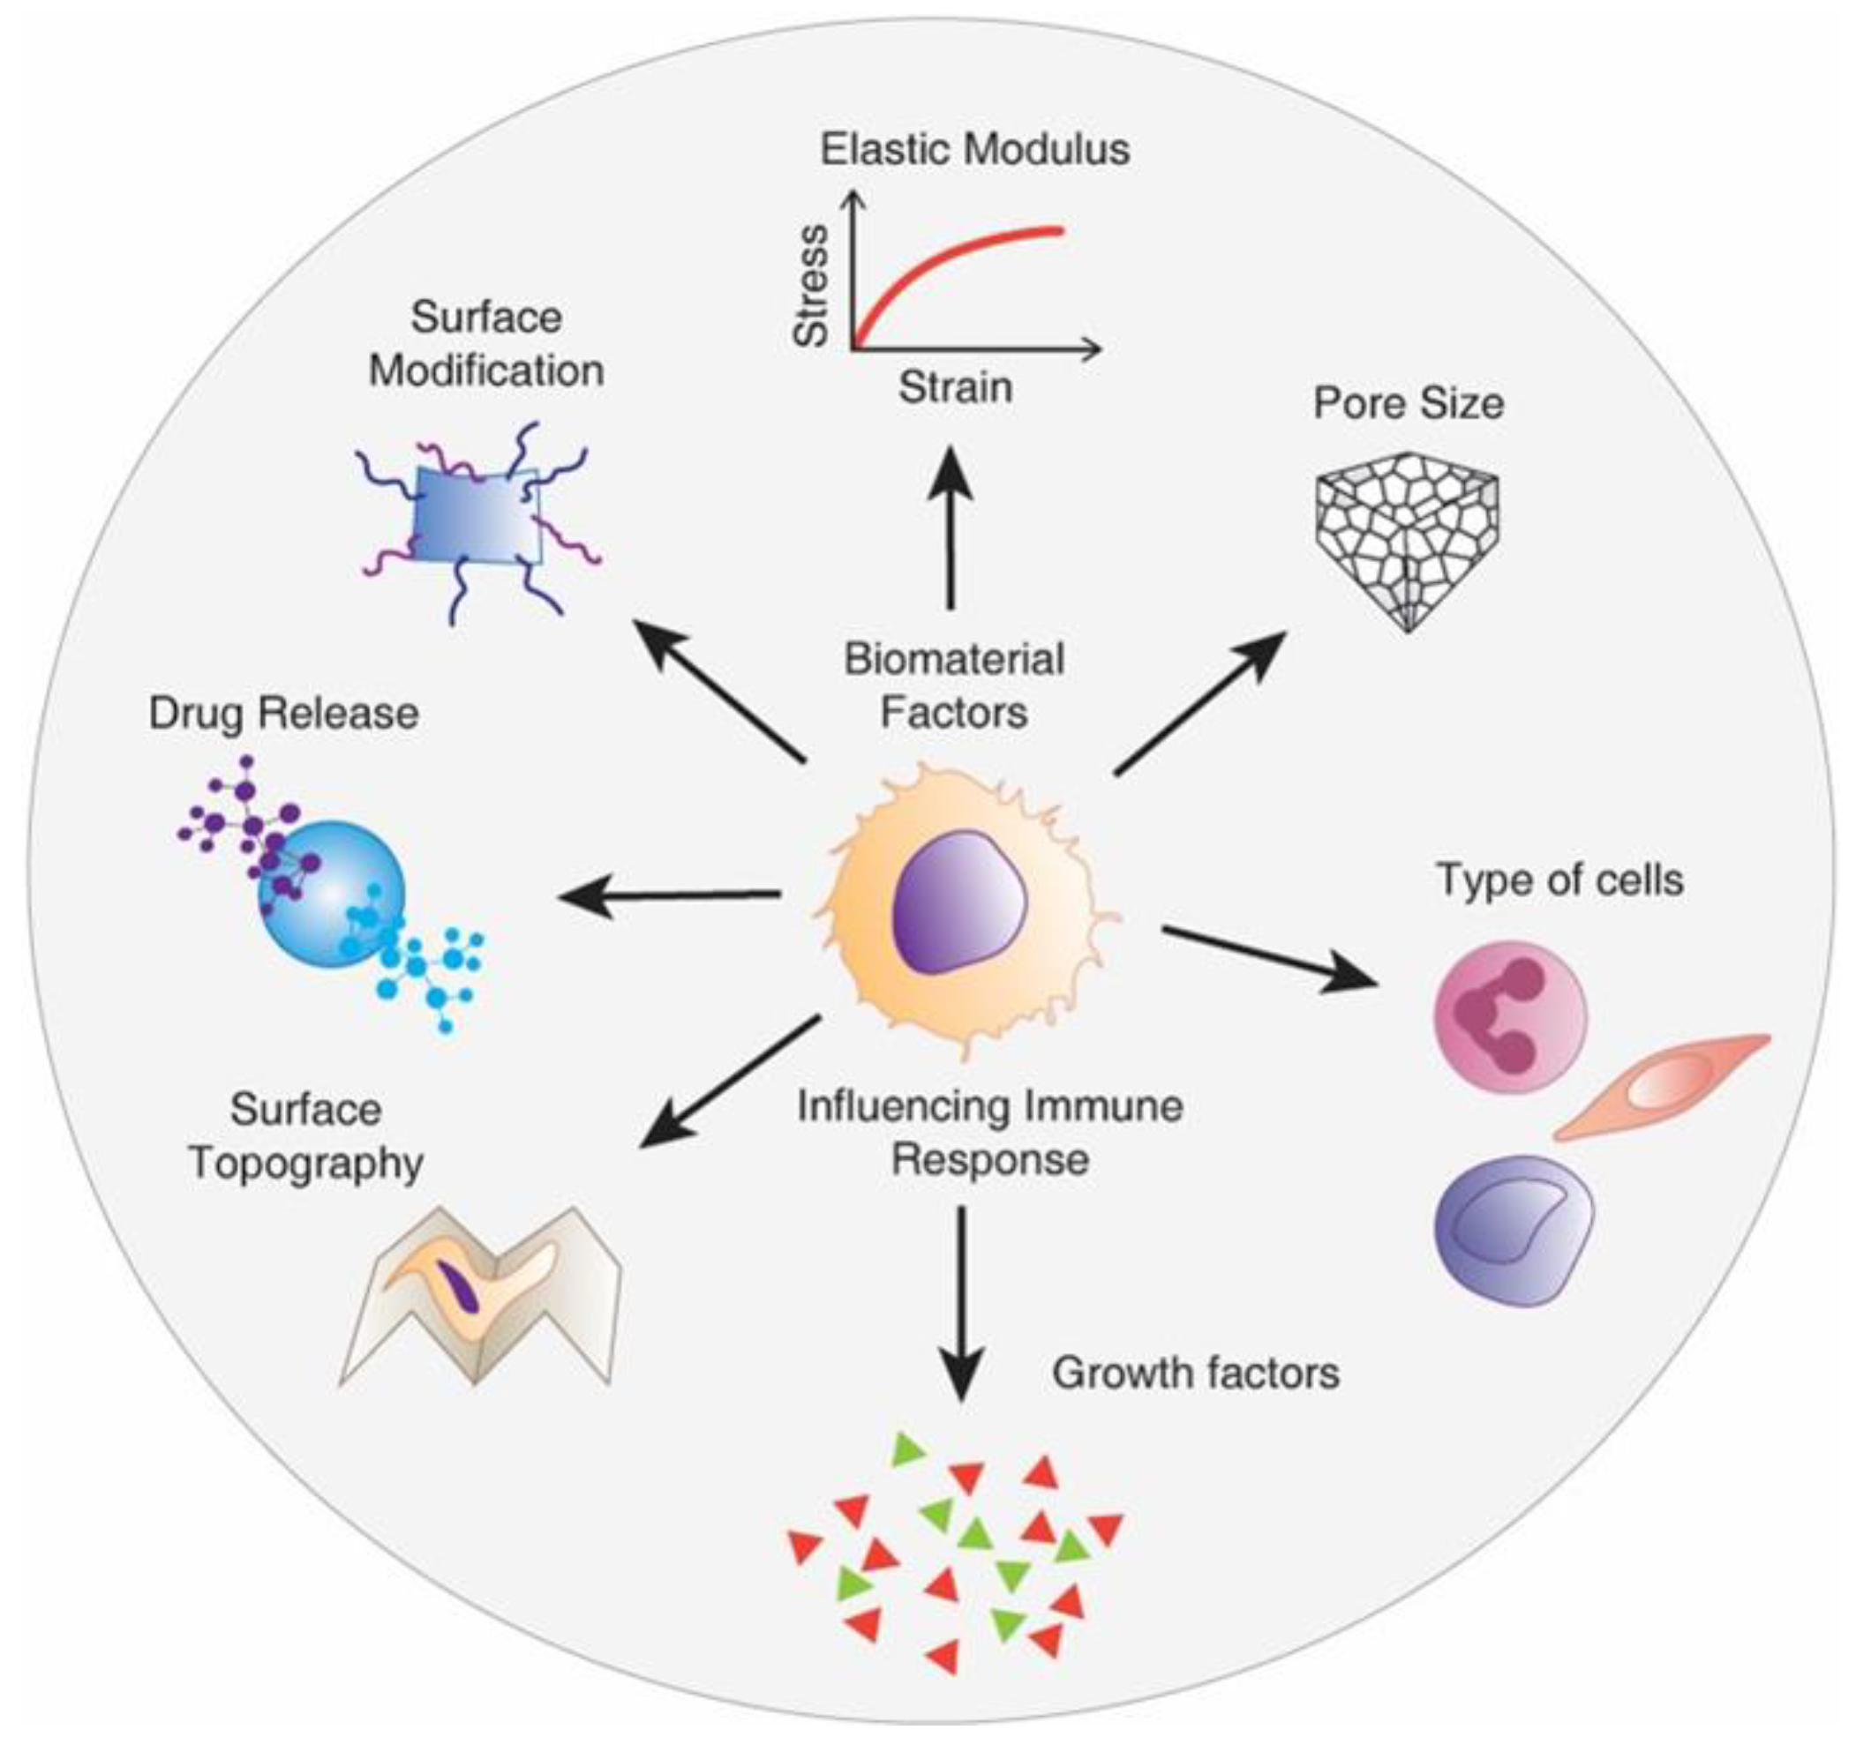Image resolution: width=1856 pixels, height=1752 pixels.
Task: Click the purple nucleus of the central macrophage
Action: point(958,904)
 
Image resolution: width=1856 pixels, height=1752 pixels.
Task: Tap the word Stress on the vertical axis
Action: point(811,285)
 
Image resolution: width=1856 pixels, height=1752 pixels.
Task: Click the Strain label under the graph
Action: point(955,387)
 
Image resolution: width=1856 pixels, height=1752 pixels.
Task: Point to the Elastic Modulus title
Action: point(974,149)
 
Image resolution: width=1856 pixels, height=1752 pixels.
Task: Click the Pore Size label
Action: point(1408,403)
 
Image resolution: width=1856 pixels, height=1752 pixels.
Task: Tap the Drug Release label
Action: point(283,715)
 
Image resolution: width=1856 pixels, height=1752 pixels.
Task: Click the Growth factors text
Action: point(1195,1374)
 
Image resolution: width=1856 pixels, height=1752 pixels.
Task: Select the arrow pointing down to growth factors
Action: point(961,1303)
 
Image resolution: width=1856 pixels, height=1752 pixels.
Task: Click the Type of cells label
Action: point(1559,880)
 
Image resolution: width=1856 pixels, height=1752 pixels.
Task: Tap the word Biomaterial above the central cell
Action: point(954,660)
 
